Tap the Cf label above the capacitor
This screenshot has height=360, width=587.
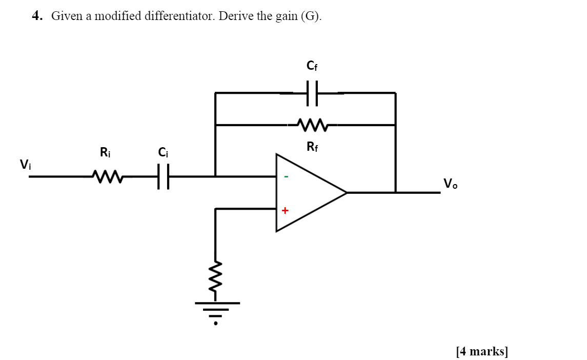[312, 66]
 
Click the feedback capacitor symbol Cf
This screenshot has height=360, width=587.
[312, 93]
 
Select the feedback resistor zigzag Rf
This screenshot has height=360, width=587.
[312, 125]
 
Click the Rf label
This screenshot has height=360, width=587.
[312, 147]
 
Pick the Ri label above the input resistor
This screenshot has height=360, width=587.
[105, 152]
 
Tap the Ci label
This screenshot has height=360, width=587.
[163, 152]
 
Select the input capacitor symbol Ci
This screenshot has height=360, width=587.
[163, 176]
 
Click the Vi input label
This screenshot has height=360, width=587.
[25, 164]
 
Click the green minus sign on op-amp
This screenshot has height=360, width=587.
[286, 177]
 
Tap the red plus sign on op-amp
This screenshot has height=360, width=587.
[285, 210]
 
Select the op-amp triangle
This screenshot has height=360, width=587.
[308, 192]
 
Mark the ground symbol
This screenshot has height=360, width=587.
[216, 310]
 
